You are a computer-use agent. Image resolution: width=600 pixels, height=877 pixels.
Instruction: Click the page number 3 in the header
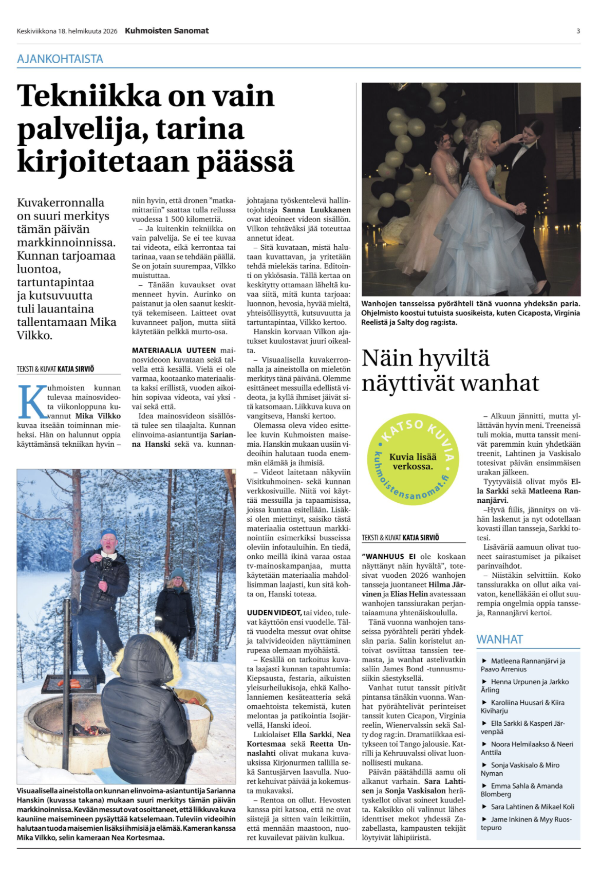point(578,31)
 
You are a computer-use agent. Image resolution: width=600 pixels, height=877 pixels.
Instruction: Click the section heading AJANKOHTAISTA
point(60,59)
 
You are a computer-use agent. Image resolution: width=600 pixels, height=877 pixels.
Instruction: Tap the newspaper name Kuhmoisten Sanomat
point(167,31)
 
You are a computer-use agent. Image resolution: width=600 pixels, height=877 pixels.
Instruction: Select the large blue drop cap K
point(32,401)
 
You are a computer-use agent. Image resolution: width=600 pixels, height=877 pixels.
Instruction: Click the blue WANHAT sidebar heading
point(499,640)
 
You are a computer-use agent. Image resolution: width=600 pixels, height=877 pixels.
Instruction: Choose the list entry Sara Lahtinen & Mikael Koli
point(532,807)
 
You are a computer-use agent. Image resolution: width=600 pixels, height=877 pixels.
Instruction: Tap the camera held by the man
point(105,562)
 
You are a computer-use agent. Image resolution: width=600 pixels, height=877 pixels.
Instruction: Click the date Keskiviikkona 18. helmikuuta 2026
point(67,31)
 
